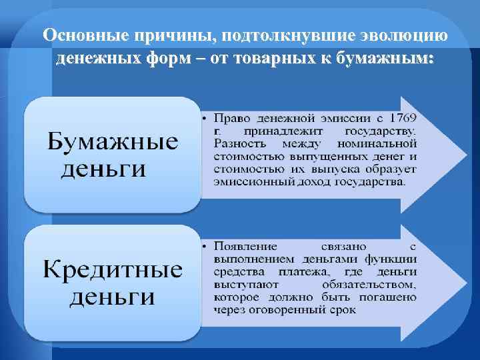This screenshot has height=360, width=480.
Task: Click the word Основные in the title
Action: [81, 35]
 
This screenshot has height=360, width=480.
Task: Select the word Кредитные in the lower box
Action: [113, 271]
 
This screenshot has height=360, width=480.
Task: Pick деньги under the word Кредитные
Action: [112, 295]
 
